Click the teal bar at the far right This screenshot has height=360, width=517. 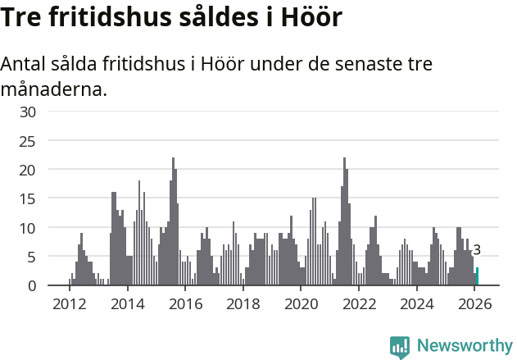478,276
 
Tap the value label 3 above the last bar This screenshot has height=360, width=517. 477,251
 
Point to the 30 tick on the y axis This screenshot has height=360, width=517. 28,112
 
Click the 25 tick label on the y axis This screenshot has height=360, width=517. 28,141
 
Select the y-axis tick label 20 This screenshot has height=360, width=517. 28,170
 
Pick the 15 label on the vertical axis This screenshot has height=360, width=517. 28,198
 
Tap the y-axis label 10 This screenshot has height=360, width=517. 28,228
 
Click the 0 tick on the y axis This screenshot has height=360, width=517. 32,285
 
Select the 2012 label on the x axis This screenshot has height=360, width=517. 69,304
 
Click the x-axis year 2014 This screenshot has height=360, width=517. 127,304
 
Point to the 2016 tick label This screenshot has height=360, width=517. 185,304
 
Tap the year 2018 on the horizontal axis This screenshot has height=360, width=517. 243,304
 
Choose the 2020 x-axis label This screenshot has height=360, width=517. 301,304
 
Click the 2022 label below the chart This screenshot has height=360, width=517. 359,304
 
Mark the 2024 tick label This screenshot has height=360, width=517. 417,304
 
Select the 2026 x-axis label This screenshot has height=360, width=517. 475,304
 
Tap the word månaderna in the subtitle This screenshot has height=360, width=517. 55,89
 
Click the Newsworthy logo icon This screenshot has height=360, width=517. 400,347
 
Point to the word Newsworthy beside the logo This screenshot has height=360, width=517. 464,347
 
